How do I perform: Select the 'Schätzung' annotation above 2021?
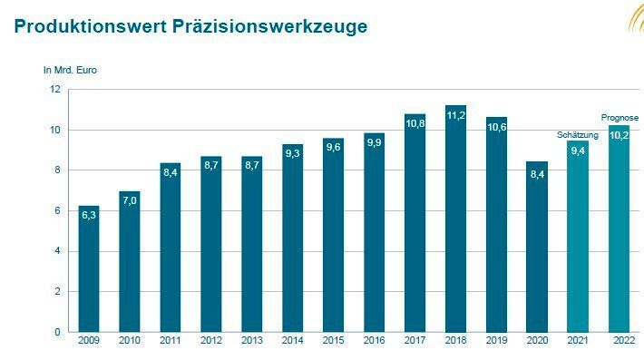[x=578, y=134]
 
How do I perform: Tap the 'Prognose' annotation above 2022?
[x=620, y=118]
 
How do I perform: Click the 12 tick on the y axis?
[x=54, y=90]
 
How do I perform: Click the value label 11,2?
[x=455, y=115]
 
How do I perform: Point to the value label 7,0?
[x=129, y=202]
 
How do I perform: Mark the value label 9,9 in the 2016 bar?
[x=374, y=142]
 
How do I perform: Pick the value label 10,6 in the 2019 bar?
[x=496, y=128]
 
